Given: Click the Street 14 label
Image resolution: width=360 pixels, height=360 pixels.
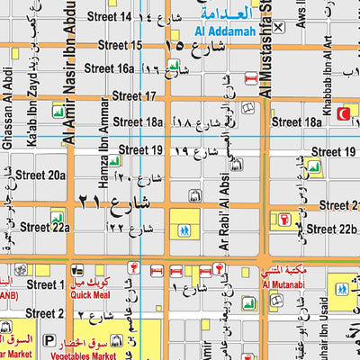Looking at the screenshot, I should (130, 17).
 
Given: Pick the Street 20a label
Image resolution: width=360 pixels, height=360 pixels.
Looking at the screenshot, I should (41, 175).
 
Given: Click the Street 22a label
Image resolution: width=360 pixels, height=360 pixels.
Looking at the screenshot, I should (45, 228).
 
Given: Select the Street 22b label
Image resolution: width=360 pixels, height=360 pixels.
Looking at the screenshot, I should (331, 229).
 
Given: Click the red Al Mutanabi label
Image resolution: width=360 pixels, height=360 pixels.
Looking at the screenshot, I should (279, 285).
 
